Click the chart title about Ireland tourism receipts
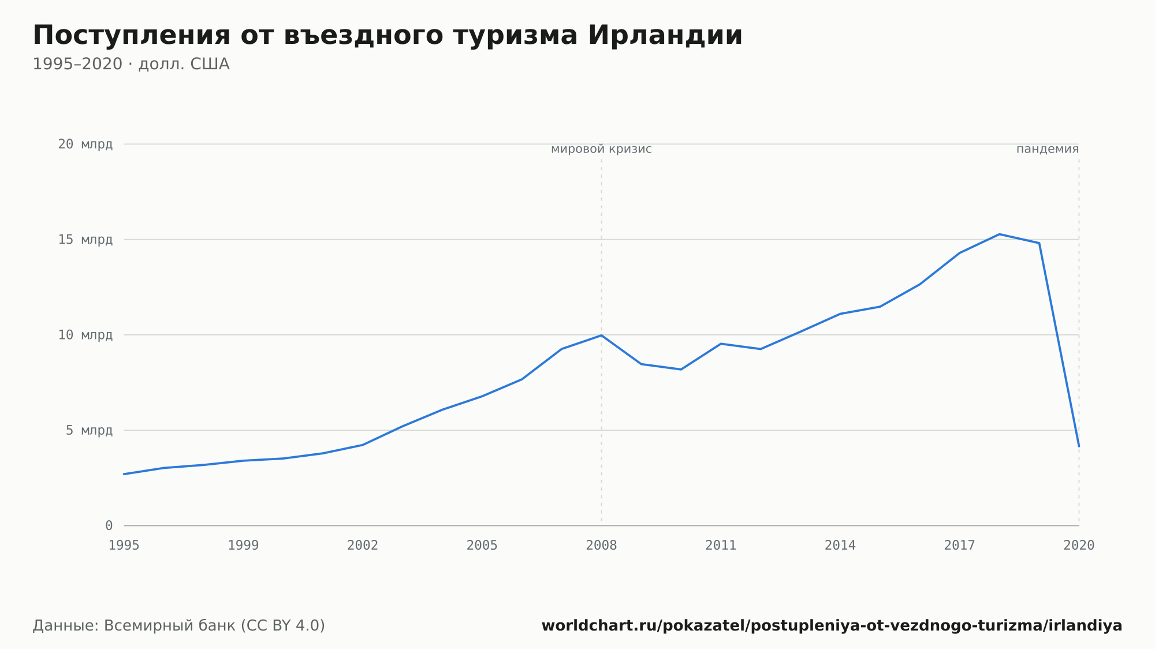click(388, 36)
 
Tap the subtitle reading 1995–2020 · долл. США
click(131, 64)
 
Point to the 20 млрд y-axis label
click(85, 144)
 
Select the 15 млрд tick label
click(85, 240)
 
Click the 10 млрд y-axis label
click(85, 335)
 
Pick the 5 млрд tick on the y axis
click(89, 430)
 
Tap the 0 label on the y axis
click(109, 525)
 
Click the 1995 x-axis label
click(124, 546)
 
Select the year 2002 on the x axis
click(363, 546)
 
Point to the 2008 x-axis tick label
click(602, 546)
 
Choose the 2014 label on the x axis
click(840, 546)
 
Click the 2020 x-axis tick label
click(1079, 546)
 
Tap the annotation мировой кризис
click(602, 150)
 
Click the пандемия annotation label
click(1048, 150)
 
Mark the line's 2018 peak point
click(999, 234)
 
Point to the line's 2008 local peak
click(602, 335)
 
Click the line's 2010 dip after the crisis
click(681, 370)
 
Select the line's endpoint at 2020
click(1079, 446)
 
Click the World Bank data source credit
click(179, 626)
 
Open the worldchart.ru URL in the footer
click(832, 626)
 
